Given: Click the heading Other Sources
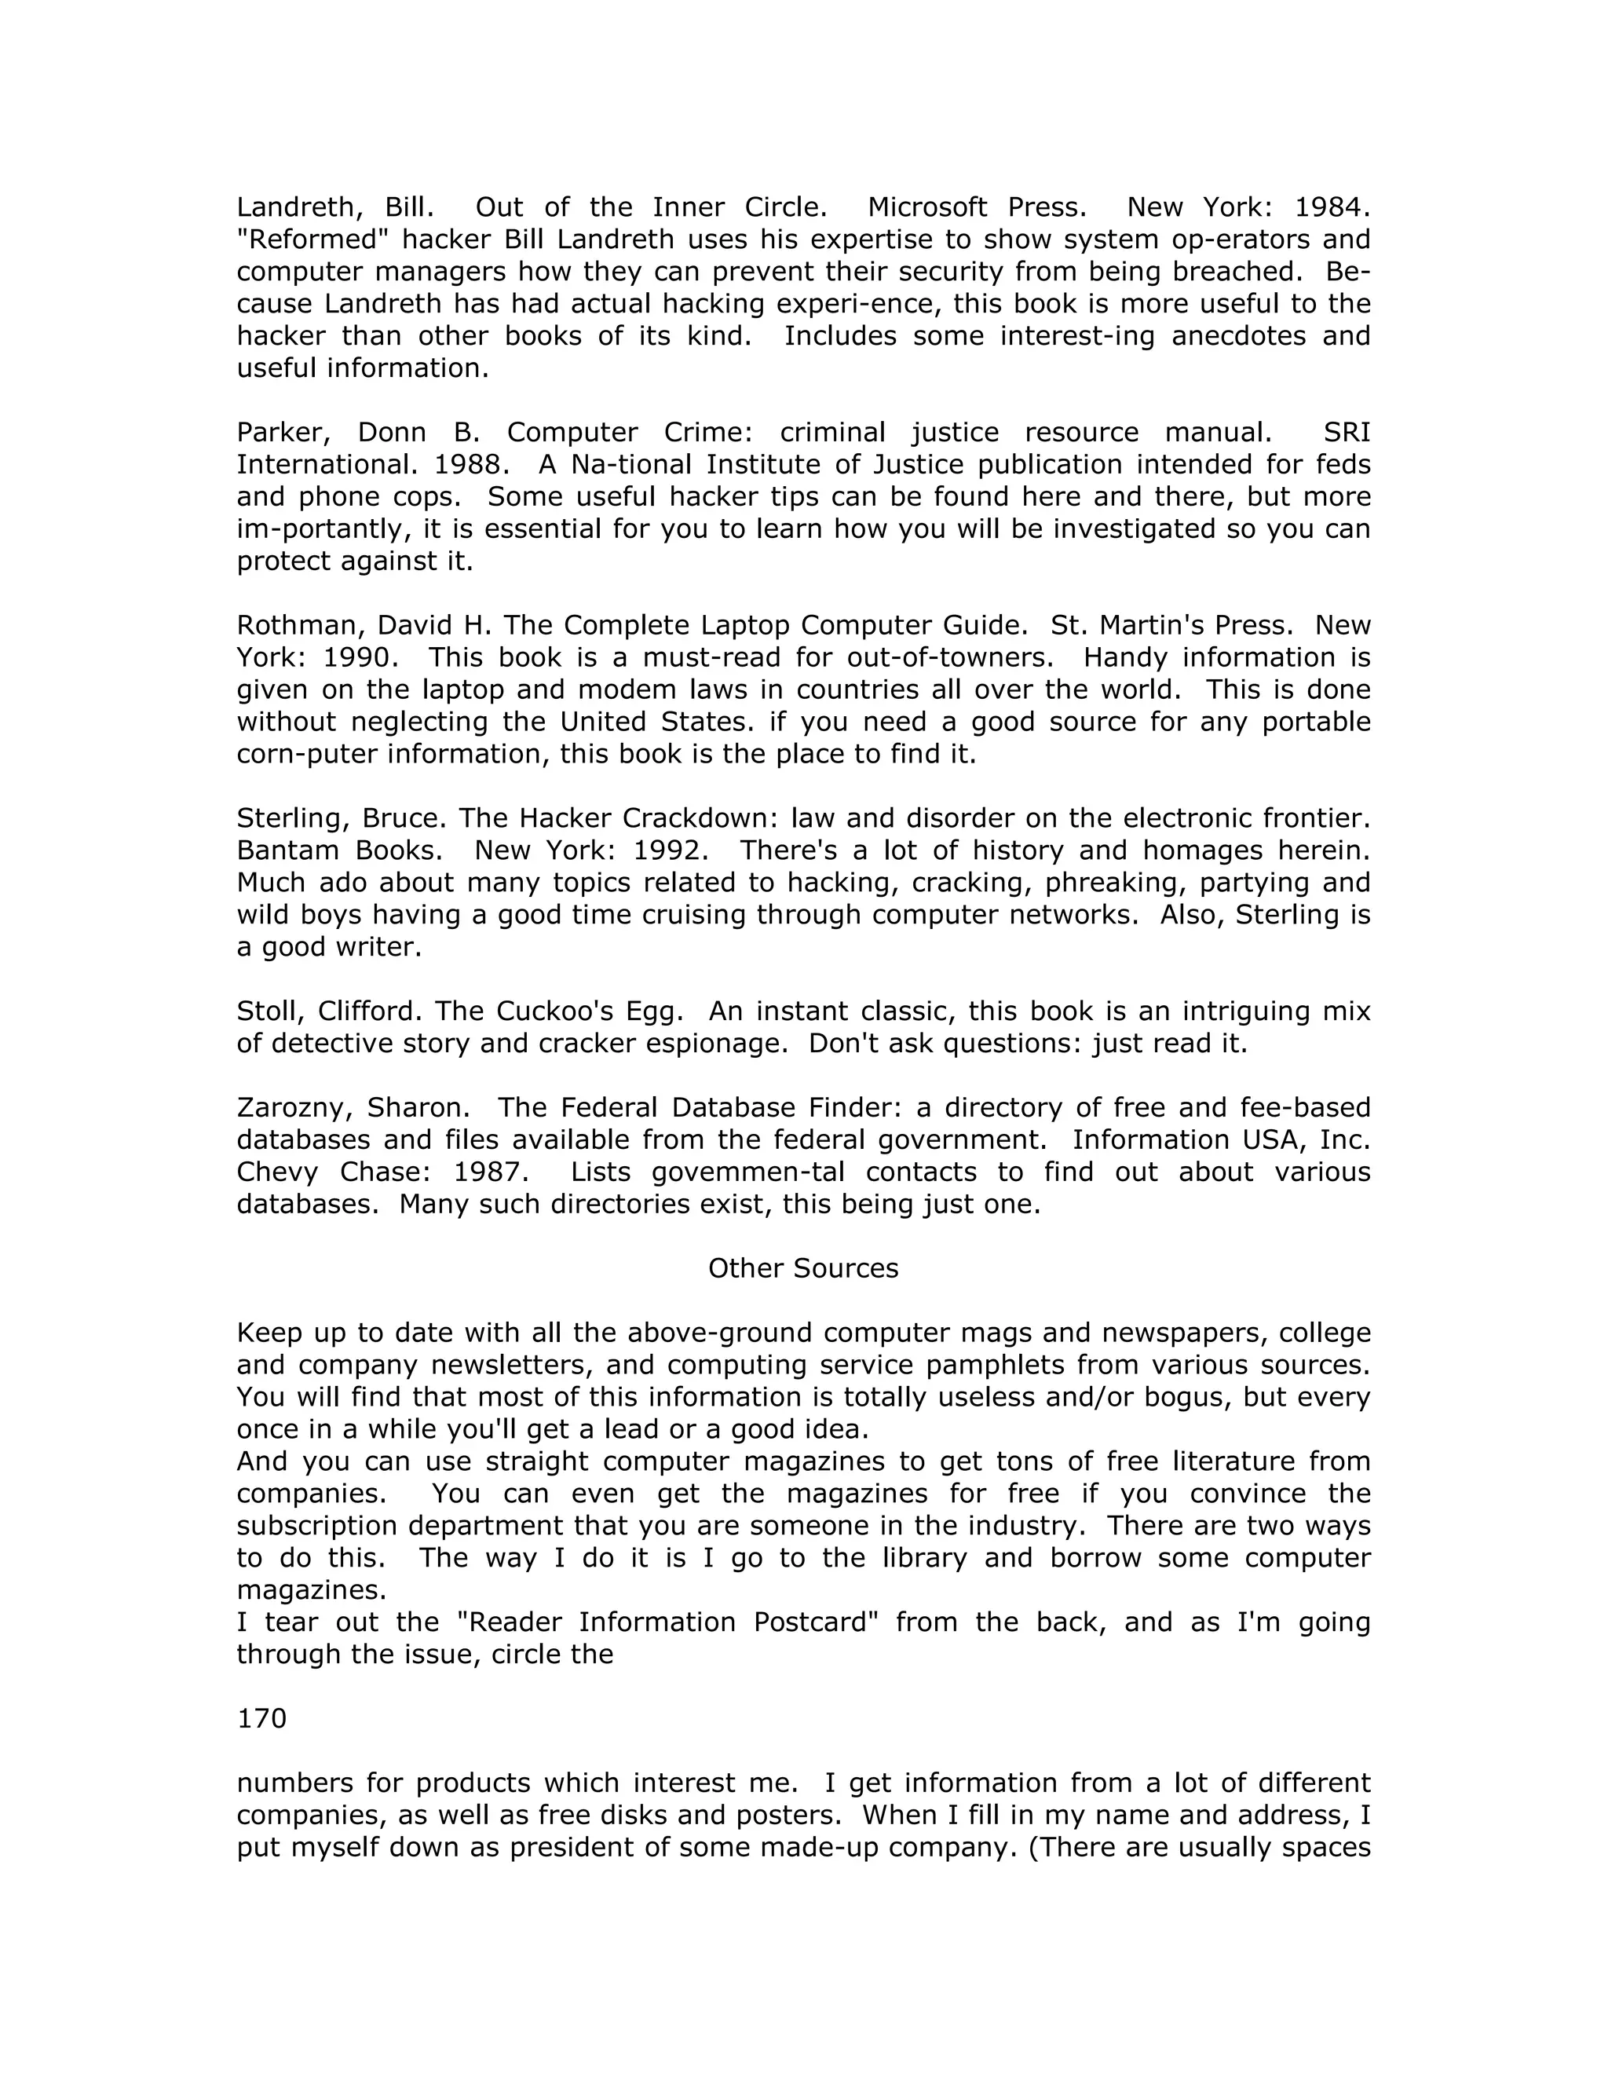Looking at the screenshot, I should pos(803,1268).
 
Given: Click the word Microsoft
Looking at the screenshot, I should pos(928,207).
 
